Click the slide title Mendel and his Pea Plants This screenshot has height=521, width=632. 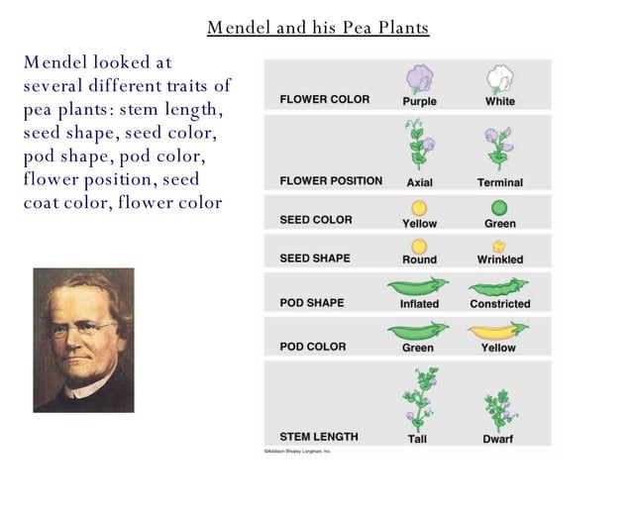[317, 28]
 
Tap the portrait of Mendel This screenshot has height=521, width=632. [83, 340]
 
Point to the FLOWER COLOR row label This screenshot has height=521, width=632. [324, 100]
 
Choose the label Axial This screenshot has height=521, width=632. [419, 182]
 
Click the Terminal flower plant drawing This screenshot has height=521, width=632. [497, 147]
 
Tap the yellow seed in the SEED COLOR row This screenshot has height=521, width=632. [419, 208]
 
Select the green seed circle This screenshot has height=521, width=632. [499, 208]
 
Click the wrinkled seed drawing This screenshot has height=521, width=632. [499, 246]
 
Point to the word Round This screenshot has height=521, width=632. [419, 260]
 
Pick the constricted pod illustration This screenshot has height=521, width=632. [498, 286]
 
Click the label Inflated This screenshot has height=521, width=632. [419, 304]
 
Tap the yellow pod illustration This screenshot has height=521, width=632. [497, 330]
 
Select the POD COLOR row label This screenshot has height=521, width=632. [313, 347]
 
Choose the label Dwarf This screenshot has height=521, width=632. [499, 438]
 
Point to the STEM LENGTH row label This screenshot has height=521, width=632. [319, 437]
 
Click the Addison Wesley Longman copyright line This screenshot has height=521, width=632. [297, 451]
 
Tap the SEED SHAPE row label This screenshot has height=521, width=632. [315, 259]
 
